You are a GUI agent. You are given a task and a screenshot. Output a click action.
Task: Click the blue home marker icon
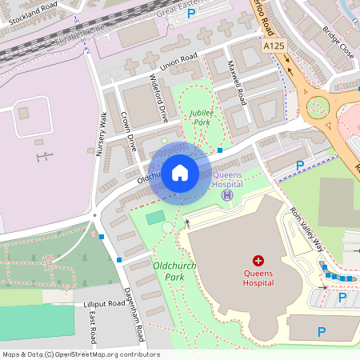tap(180, 173)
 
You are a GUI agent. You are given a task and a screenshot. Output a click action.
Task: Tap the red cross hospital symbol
tap(258, 261)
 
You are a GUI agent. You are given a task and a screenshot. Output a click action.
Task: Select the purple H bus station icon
tap(227, 194)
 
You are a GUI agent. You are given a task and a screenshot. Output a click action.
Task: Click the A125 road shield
tap(274, 47)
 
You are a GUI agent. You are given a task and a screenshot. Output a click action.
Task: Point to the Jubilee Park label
tap(201, 118)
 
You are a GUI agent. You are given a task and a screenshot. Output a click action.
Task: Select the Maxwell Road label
tap(238, 83)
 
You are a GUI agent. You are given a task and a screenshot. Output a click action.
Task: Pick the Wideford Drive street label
tap(159, 98)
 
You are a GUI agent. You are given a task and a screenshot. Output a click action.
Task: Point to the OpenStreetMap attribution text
tap(80, 354)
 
